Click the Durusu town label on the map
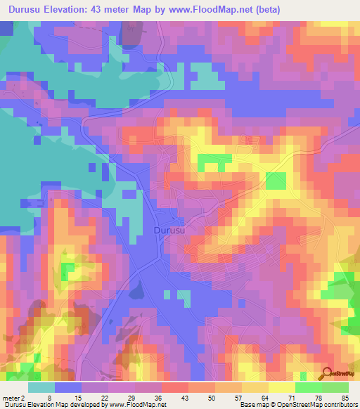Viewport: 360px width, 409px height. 169,230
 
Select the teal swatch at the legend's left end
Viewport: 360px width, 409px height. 41,387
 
